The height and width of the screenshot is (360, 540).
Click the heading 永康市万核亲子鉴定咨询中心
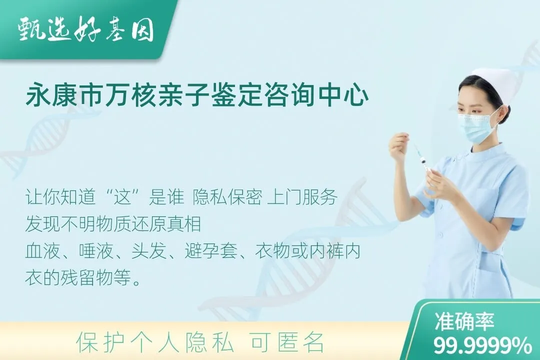(x=197, y=96)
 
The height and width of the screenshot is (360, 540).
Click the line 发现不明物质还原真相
(x=113, y=224)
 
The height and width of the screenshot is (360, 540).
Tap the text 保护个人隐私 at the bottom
(x=155, y=342)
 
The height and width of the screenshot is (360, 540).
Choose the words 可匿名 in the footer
(x=287, y=342)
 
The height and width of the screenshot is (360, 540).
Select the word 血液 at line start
(x=37, y=251)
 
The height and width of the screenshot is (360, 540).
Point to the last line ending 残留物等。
(x=83, y=278)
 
